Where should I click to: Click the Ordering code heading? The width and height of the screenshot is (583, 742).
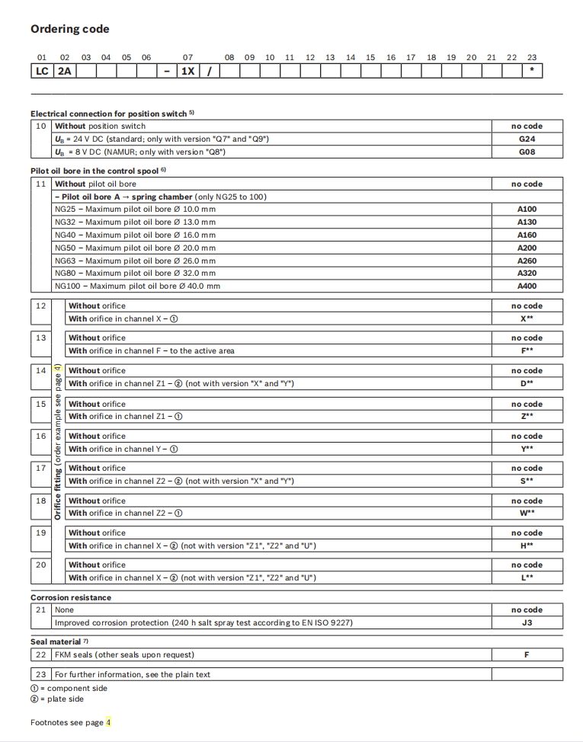pyautogui.click(x=69, y=29)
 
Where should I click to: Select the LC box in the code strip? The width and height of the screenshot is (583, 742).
pyautogui.click(x=41, y=71)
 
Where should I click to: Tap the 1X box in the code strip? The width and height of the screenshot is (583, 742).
pyautogui.click(x=187, y=71)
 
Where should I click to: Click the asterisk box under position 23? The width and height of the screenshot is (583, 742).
pyautogui.click(x=531, y=71)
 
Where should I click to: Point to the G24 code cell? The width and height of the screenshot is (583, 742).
pyautogui.click(x=527, y=139)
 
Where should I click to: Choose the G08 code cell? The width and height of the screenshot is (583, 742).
pyautogui.click(x=527, y=152)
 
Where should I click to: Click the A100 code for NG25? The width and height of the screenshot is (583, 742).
pyautogui.click(x=527, y=209)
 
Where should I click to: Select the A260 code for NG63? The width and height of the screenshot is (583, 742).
pyautogui.click(x=527, y=260)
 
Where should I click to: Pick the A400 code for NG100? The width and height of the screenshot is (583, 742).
pyautogui.click(x=527, y=286)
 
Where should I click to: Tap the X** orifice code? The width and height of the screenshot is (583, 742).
pyautogui.click(x=527, y=318)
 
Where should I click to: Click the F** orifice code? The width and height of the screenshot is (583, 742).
pyautogui.click(x=527, y=350)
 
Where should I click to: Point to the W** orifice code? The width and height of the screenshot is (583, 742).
pyautogui.click(x=527, y=513)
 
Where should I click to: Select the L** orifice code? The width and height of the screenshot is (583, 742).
pyautogui.click(x=527, y=577)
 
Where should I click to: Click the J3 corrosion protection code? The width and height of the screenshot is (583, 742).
pyautogui.click(x=527, y=622)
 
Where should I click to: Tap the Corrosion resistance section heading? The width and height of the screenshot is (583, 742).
pyautogui.click(x=71, y=597)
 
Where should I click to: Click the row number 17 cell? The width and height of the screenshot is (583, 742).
pyautogui.click(x=41, y=468)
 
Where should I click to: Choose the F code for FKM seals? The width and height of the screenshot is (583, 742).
pyautogui.click(x=527, y=654)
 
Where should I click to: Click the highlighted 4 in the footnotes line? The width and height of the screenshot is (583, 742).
pyautogui.click(x=108, y=722)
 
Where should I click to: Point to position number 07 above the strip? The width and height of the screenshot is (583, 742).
pyautogui.click(x=187, y=57)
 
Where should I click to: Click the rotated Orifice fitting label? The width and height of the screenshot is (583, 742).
pyautogui.click(x=57, y=442)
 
